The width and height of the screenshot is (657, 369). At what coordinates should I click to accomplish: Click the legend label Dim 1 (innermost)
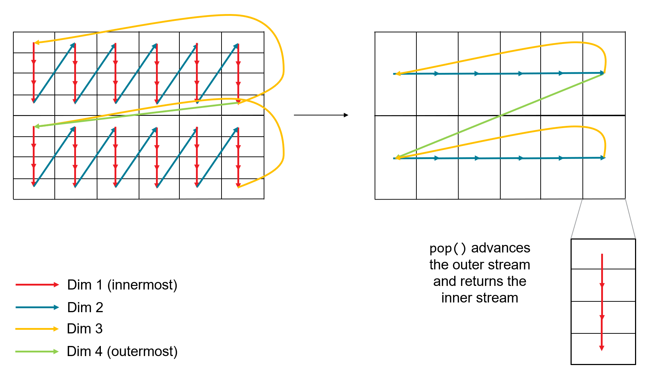tap(122, 285)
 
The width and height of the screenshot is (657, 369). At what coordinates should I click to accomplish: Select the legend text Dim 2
tap(85, 307)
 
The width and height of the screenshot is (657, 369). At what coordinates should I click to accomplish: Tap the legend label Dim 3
tap(85, 329)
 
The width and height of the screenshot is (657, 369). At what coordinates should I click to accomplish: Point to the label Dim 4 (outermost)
tap(122, 351)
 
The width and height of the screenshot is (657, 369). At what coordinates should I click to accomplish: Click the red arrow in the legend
tap(37, 285)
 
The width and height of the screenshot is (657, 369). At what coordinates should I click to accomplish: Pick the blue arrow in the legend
tap(37, 307)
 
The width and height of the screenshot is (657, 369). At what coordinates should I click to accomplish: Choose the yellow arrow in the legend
tap(37, 329)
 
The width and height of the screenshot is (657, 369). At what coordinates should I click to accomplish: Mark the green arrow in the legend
tap(37, 351)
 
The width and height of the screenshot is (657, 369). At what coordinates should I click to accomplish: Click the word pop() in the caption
tap(448, 248)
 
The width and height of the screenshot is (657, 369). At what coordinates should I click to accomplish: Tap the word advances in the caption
tap(501, 248)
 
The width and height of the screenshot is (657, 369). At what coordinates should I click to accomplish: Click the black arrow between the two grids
tap(321, 115)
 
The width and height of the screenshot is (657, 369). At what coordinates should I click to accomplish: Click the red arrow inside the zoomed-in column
tap(602, 302)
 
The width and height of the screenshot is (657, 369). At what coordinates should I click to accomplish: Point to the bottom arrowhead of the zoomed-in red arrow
tap(602, 348)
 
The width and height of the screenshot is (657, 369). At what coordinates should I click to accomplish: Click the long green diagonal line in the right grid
tap(501, 115)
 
